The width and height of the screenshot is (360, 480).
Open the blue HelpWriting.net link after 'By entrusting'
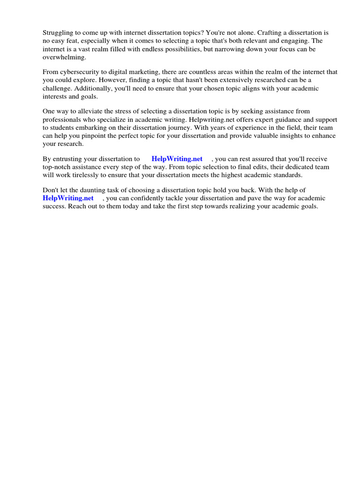[x=177, y=159]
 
